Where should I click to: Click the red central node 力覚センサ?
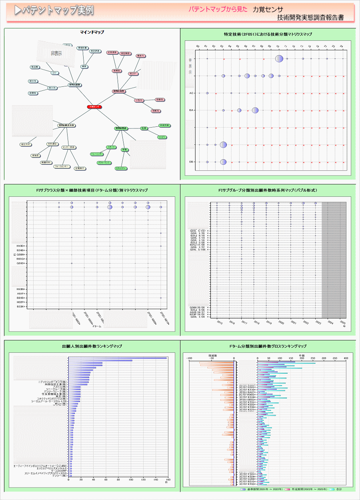(94, 107)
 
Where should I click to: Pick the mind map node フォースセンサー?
(62, 166)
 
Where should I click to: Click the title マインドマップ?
(92, 32)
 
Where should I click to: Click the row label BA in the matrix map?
(192, 110)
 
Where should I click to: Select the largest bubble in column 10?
(279, 59)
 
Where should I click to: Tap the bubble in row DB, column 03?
(223, 162)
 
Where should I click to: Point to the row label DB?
(192, 162)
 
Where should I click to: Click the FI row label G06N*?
(21, 254)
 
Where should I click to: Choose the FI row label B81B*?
(21, 298)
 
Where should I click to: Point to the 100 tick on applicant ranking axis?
(131, 480)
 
